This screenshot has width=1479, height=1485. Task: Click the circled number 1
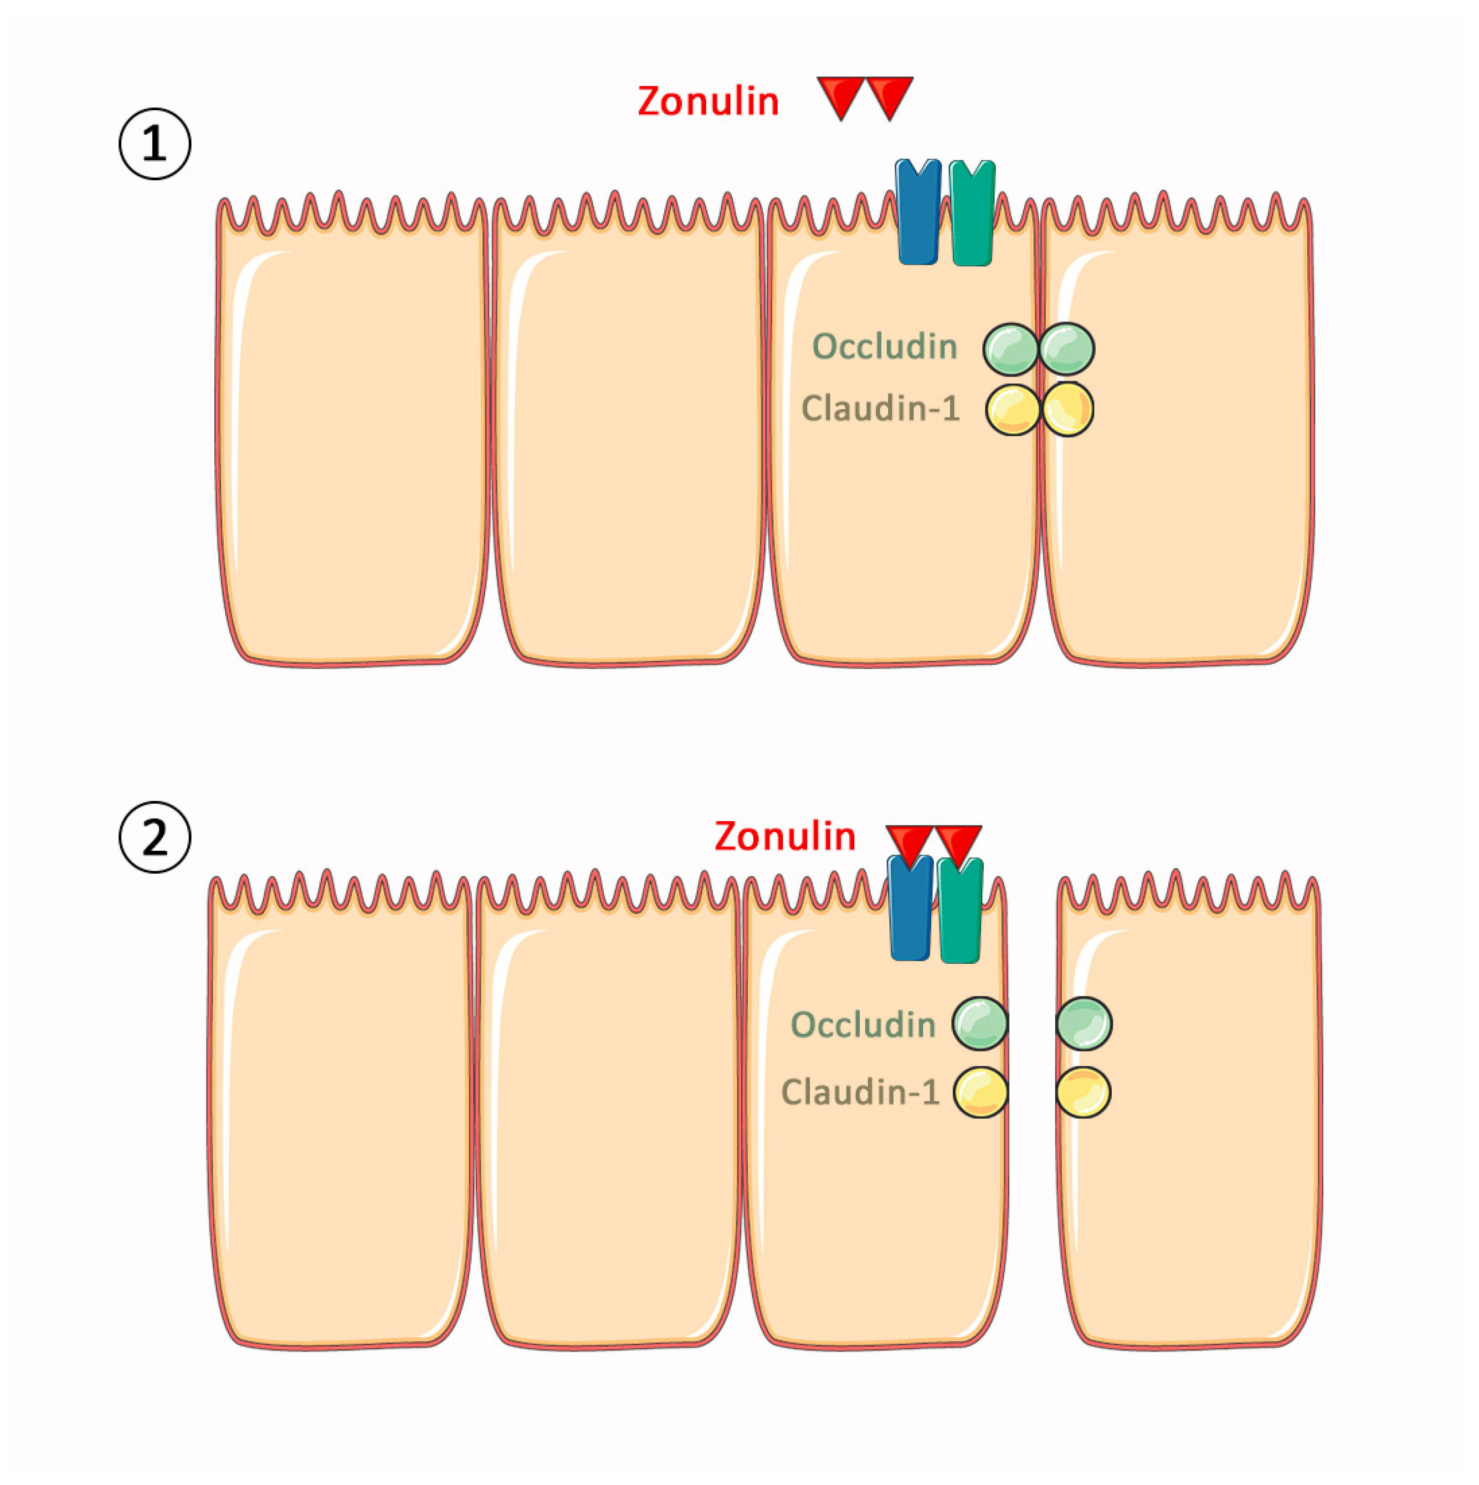154,144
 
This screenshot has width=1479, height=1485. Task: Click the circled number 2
154,837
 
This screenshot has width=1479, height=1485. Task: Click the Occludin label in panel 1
884,346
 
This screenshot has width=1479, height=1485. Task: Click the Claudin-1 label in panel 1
881,408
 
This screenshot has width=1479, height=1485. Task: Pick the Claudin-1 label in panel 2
860,1092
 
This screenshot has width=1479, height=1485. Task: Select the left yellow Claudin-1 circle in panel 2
981,1092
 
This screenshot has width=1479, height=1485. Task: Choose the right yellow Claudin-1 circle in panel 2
1083,1092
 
